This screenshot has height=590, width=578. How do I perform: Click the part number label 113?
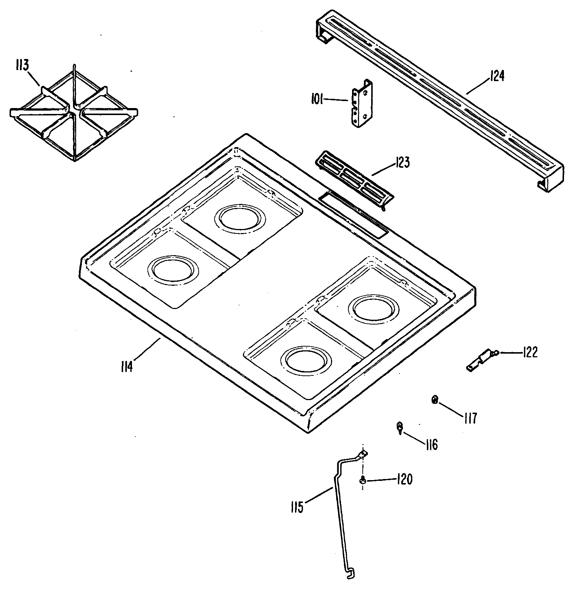22,66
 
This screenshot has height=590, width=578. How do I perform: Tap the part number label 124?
497,77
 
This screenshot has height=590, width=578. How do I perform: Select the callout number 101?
317,100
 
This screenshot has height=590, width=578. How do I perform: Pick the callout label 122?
530,353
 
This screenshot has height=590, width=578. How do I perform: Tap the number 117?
470,418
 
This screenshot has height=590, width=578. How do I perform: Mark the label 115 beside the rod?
297,507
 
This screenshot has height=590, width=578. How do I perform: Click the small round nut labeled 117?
435,400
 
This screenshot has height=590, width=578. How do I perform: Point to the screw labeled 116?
400,427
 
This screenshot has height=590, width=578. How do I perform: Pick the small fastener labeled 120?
363,480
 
